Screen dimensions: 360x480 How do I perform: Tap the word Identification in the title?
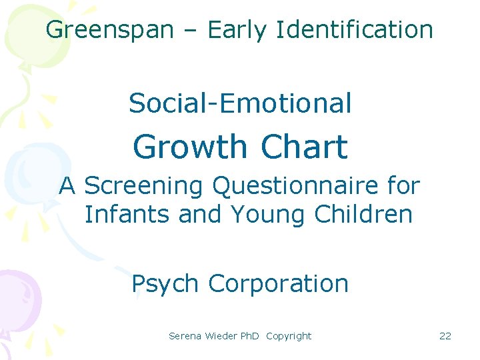354,30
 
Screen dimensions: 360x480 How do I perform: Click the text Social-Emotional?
240,103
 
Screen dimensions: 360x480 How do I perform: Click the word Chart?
305,147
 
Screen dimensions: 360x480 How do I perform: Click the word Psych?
165,284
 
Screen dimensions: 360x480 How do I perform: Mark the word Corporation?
278,284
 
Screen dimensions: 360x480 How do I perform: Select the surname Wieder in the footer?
219,336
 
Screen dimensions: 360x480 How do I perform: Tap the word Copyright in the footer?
288,336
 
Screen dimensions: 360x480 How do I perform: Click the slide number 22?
445,336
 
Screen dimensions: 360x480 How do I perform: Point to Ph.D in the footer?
249,336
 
